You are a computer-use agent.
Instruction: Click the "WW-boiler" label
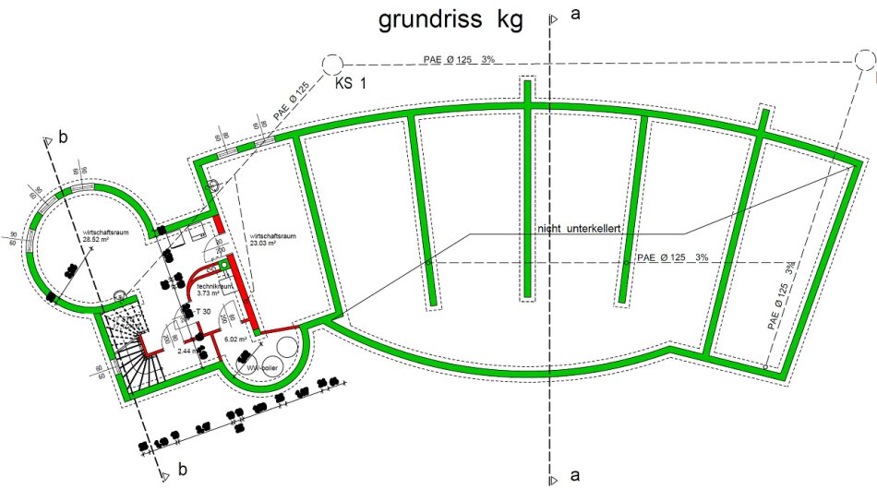[x=261, y=366]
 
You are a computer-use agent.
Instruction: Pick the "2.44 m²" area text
[x=190, y=352]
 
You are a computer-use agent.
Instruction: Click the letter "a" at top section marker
[x=575, y=15]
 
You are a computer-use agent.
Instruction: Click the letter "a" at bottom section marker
[x=574, y=475]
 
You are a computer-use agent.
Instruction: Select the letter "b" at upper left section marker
[x=63, y=137]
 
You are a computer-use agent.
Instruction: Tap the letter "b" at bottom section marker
[x=182, y=470]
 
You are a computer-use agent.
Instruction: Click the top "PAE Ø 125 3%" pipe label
[x=459, y=59]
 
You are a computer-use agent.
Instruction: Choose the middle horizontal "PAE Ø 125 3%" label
[x=672, y=257]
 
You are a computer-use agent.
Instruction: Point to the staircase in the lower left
[x=129, y=346]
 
